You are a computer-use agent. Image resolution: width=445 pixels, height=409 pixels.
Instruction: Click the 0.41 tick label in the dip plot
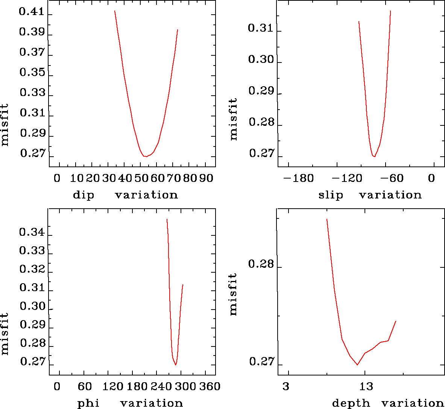point(31,12)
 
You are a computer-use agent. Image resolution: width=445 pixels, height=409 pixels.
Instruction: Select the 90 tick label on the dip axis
point(206,178)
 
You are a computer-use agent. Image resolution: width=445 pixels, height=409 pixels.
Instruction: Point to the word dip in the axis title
point(83,195)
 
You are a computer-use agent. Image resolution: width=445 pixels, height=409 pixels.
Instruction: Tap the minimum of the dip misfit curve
point(145,156)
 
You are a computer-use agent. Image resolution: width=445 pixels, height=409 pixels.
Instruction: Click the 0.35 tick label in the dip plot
point(32,72)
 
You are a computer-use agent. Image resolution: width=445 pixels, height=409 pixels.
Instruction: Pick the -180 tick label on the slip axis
point(298,178)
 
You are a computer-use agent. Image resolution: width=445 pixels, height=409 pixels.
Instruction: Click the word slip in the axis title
point(331,195)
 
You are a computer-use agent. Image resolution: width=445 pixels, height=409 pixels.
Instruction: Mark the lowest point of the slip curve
point(374,156)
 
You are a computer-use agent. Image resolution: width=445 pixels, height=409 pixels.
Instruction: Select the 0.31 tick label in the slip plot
point(261,28)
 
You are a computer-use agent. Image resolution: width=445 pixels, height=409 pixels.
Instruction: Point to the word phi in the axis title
point(88,403)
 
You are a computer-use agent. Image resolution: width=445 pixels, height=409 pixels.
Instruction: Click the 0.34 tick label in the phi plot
point(32,232)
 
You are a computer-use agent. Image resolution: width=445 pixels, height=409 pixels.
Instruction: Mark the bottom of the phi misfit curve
point(176,365)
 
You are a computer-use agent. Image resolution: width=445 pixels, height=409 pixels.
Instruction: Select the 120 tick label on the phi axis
point(113,387)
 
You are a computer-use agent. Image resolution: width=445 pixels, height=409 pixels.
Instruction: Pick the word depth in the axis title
point(351,403)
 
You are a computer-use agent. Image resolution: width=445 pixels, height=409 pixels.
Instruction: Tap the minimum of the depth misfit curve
point(357,365)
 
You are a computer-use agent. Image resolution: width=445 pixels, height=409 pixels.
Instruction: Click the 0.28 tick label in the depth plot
point(261,264)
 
